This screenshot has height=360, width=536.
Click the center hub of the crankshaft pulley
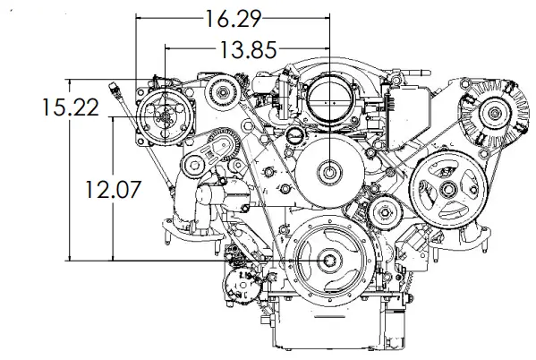331,261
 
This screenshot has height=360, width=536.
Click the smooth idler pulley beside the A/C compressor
221,90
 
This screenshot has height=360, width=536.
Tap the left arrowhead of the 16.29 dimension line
140,16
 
